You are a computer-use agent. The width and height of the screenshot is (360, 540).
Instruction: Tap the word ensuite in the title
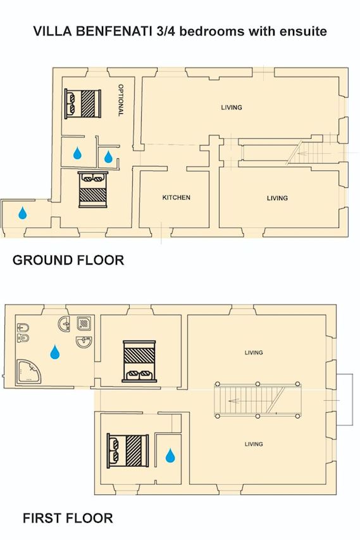[303, 32]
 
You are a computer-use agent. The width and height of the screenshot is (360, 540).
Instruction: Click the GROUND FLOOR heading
[68, 260]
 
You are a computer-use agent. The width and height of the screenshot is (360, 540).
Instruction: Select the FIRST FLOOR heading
[68, 518]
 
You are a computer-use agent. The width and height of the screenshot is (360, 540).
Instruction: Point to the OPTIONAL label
[121, 100]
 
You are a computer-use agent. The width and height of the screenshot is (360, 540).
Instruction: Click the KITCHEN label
[177, 198]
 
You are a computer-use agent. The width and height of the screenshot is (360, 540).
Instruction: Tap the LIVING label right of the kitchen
[277, 198]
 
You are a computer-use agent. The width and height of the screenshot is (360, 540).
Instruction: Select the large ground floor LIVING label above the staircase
[232, 108]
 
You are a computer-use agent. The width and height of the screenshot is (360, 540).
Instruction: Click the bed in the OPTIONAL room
[83, 104]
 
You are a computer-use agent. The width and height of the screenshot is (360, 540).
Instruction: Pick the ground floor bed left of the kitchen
[93, 189]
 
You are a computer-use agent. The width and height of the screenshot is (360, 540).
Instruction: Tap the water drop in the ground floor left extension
[23, 213]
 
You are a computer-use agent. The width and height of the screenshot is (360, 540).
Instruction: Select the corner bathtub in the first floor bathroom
[29, 372]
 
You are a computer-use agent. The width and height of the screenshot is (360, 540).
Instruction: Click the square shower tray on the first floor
[84, 323]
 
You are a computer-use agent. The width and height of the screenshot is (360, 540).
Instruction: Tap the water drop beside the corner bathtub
[54, 352]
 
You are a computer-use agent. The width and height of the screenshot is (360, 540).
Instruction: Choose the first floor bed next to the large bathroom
[139, 361]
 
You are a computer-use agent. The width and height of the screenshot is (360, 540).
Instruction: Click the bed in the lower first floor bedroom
[128, 451]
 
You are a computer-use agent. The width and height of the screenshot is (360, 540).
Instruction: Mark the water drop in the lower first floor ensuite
[170, 455]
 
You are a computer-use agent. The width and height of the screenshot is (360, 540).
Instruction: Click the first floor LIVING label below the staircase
[254, 444]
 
